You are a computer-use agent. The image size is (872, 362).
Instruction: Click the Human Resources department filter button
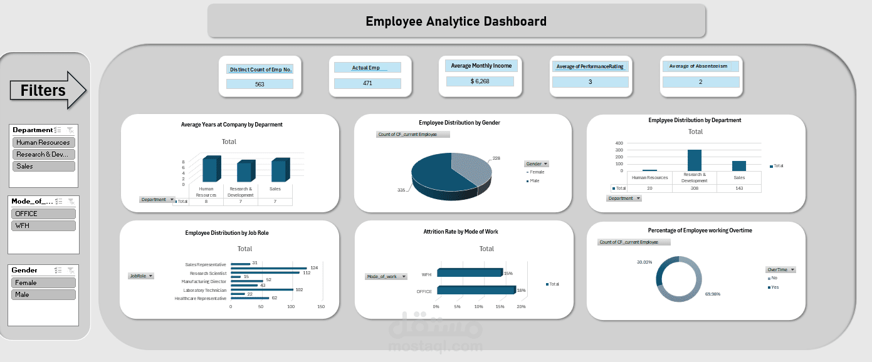click(x=43, y=142)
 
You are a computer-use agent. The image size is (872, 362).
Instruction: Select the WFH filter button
click(x=43, y=225)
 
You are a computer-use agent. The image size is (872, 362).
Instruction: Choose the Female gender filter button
click(x=43, y=282)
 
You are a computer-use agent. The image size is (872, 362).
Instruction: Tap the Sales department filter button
click(x=43, y=166)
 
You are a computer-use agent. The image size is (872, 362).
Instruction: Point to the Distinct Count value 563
click(x=260, y=84)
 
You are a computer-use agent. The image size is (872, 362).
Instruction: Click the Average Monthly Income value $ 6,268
click(x=480, y=81)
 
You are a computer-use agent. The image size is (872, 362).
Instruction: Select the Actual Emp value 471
click(x=367, y=83)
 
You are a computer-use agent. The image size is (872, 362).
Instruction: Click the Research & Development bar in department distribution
click(x=694, y=160)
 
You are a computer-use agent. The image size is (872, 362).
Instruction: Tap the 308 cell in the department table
click(x=694, y=188)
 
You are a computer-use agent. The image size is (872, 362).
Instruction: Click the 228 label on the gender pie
click(x=497, y=158)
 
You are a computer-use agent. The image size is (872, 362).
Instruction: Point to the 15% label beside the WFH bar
click(x=508, y=273)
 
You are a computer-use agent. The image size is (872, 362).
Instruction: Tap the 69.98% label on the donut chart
click(x=713, y=294)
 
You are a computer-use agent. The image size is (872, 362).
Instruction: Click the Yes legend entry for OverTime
click(x=774, y=287)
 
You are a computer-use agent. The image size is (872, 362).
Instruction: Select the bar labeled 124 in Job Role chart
click(x=268, y=269)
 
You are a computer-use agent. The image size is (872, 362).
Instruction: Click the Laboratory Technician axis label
click(x=204, y=290)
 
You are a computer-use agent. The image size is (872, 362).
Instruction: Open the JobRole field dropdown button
click(x=150, y=276)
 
